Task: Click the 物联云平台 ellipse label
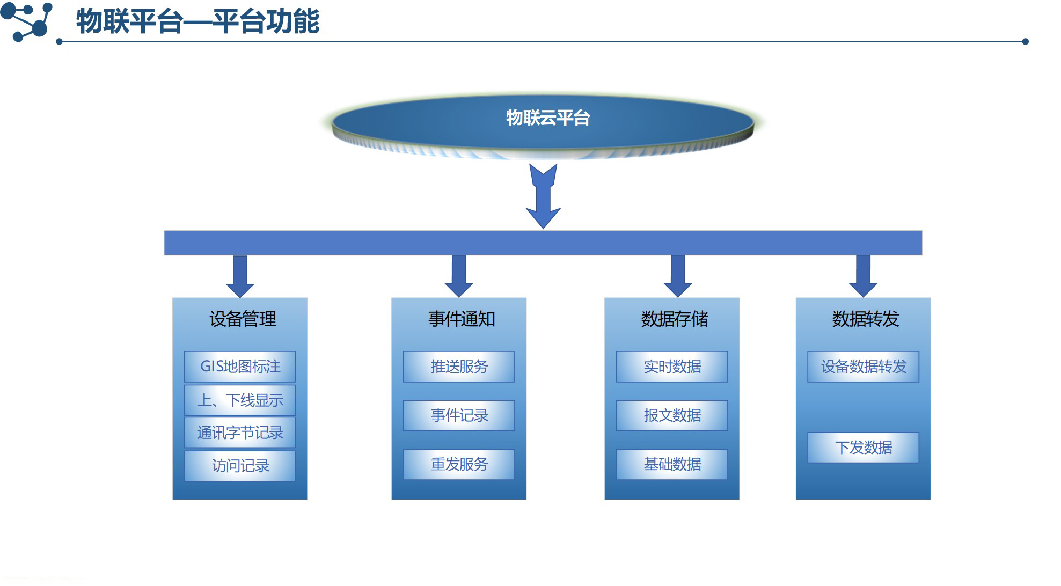click(547, 118)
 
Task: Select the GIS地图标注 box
click(240, 367)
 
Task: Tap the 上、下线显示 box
click(240, 400)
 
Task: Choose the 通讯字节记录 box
click(240, 433)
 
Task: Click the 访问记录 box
click(240, 465)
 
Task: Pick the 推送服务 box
click(459, 367)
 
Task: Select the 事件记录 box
click(459, 415)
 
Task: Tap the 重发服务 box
click(459, 464)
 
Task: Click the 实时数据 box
click(672, 367)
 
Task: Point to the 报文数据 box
click(672, 415)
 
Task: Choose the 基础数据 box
click(672, 464)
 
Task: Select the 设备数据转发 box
click(863, 367)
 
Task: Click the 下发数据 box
click(863, 448)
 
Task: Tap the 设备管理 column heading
click(243, 319)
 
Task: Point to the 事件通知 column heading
click(462, 319)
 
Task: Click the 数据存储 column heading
click(674, 319)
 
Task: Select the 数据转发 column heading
click(865, 319)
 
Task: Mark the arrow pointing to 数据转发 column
click(863, 276)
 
